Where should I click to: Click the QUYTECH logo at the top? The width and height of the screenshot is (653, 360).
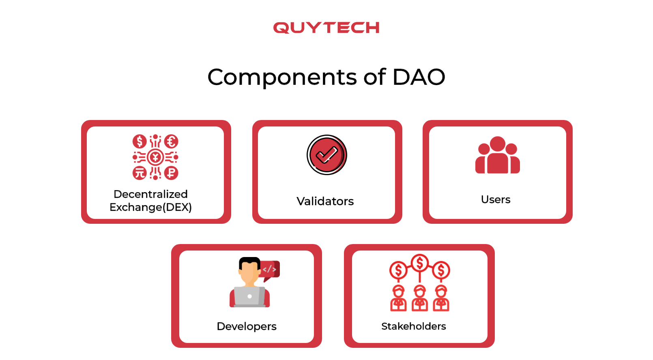(326, 28)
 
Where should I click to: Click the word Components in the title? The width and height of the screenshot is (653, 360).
(282, 77)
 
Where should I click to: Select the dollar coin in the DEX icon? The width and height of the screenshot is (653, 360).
(140, 141)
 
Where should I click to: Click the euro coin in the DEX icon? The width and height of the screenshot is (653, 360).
(171, 141)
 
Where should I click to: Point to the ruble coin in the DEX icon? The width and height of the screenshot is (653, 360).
(171, 173)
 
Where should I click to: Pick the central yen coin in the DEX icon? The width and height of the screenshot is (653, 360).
(155, 157)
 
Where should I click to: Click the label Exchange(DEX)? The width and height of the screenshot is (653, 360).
(150, 207)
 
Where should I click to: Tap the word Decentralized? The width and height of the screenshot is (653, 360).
(150, 194)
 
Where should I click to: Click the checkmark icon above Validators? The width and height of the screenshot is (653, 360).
(327, 155)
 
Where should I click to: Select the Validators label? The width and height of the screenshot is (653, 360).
(325, 201)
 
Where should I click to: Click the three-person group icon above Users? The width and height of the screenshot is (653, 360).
(497, 156)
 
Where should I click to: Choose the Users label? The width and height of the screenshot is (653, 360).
(496, 199)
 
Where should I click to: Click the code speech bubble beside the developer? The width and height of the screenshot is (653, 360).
(270, 269)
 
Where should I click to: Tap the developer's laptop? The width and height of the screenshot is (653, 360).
(249, 296)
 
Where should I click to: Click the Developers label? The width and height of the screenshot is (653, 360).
(247, 326)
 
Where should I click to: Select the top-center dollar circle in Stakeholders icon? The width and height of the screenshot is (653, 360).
(420, 263)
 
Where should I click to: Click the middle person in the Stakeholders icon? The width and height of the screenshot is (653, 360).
(420, 298)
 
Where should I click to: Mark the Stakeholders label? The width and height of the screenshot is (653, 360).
(414, 326)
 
